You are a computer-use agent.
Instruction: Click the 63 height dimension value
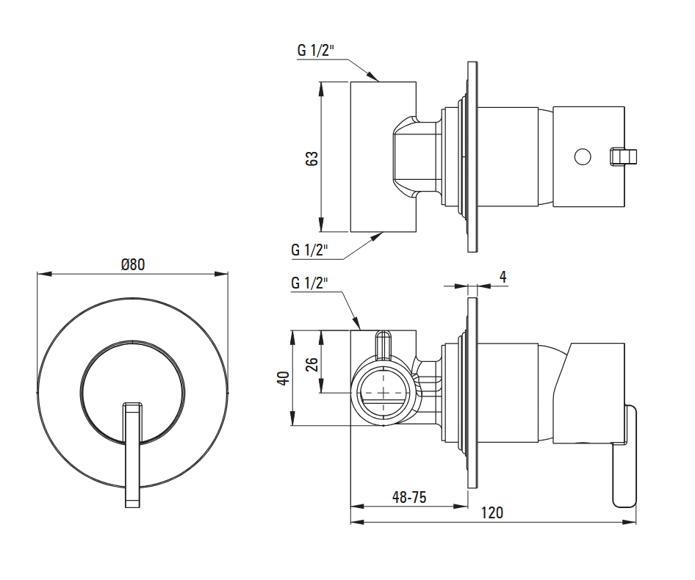312,158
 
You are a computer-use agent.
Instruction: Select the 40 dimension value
284,378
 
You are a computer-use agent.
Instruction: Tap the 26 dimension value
312,363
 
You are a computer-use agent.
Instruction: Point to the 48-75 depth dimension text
409,497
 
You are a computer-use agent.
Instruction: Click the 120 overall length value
492,513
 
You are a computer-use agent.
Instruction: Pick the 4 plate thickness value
503,277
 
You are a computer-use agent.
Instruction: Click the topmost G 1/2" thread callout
316,51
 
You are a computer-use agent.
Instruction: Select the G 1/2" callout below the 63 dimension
309,250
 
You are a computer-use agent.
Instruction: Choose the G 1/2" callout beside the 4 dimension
309,283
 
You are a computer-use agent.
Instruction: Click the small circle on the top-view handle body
582,156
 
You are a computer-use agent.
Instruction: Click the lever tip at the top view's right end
625,156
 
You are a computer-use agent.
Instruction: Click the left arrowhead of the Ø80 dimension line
39,275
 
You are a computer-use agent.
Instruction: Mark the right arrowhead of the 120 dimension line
634,523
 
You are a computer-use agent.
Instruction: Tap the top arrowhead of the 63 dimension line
321,84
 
